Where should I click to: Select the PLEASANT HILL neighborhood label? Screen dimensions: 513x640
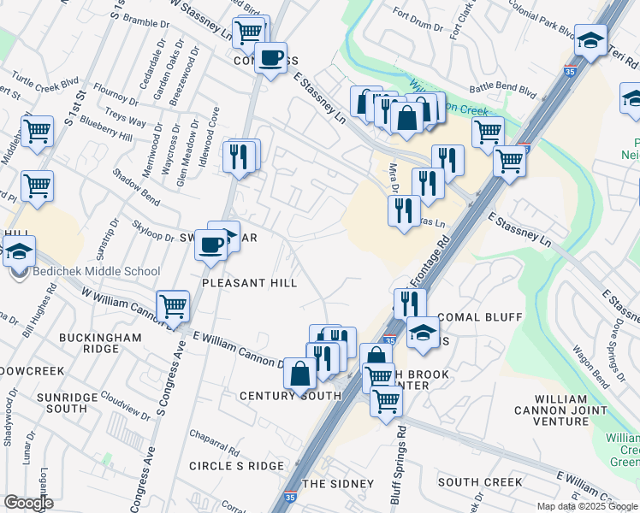click(x=249, y=283)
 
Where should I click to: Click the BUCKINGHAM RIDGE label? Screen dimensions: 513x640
click(x=100, y=344)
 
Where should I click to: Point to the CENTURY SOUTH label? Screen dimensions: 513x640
click(x=290, y=396)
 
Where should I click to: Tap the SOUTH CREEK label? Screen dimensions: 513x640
click(x=480, y=482)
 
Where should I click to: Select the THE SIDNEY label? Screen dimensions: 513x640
click(x=339, y=484)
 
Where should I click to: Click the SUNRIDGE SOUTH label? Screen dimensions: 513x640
click(x=67, y=404)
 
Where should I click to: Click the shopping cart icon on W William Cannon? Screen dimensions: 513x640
click(x=173, y=304)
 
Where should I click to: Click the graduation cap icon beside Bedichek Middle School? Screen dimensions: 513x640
click(x=18, y=252)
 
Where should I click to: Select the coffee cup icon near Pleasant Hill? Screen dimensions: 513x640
click(x=210, y=246)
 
